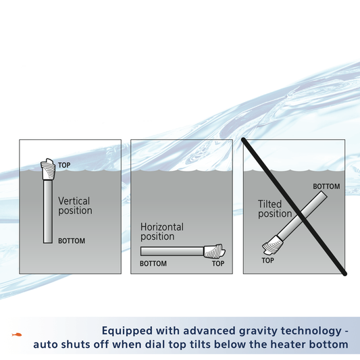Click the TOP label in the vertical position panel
(64, 165)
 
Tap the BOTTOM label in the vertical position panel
(72, 241)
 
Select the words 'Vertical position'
(75, 206)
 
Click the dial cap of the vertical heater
(48, 169)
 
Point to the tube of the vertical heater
(48, 211)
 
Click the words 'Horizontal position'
(162, 232)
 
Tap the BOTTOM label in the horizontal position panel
(153, 263)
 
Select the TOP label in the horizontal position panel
(218, 263)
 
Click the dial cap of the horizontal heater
(214, 251)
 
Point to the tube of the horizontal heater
(172, 251)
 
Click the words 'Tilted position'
(275, 209)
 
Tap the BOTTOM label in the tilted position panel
(326, 186)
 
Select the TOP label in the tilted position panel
(267, 260)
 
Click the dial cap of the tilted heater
(272, 245)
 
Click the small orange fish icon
(17, 334)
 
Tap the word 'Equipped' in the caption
(127, 331)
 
